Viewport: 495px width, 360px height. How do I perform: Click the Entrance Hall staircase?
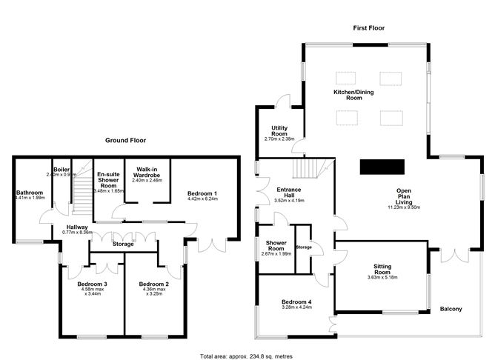click(x=310, y=170)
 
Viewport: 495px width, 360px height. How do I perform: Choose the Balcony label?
click(x=451, y=309)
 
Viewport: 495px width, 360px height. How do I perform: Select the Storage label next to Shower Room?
click(x=303, y=247)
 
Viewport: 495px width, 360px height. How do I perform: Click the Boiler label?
click(x=62, y=170)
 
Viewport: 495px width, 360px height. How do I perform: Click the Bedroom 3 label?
click(x=92, y=284)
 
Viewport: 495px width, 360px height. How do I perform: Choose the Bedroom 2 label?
click(x=154, y=284)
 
